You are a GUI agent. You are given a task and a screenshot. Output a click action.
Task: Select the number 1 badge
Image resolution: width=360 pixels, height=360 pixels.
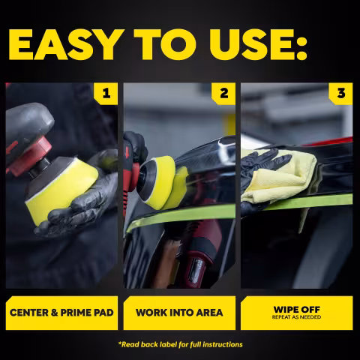[106, 94]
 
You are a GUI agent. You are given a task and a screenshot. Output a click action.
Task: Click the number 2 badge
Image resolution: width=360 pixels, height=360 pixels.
[223, 94]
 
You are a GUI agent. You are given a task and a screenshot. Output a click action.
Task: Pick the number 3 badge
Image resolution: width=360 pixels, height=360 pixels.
[341, 94]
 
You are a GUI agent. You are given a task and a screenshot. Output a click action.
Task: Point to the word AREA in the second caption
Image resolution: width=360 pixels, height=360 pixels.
[209, 313]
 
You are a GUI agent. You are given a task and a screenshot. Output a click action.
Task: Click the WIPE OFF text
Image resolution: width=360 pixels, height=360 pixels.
[297, 310]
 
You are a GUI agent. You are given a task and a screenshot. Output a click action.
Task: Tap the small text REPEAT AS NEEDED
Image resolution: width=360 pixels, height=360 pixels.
[297, 317]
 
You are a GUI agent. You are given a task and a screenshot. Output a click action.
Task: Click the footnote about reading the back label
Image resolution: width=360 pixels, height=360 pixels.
[180, 344]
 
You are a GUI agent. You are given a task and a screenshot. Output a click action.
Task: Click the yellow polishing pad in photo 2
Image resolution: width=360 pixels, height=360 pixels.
[165, 182]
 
